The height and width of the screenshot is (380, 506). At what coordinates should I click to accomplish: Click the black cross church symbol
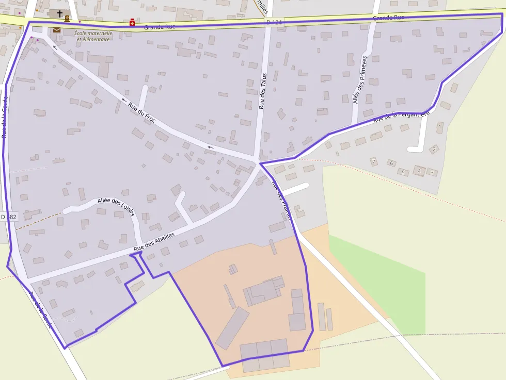tap(60, 13)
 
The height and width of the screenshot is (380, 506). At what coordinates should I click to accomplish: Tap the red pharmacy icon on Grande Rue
tap(132, 23)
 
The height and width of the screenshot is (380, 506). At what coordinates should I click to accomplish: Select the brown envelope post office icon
tap(56, 30)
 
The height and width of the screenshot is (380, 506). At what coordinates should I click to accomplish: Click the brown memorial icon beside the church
tap(67, 19)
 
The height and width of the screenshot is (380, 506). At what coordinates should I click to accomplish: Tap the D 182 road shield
tap(9, 217)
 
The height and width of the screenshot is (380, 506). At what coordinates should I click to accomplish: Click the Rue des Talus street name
tap(262, 91)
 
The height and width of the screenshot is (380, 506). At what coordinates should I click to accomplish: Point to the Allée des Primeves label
tap(360, 80)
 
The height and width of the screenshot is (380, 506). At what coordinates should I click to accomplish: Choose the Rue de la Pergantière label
tap(401, 116)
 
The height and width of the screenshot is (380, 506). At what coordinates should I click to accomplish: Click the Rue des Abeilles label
tap(154, 241)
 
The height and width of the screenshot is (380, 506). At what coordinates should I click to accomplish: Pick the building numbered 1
tap(439, 126)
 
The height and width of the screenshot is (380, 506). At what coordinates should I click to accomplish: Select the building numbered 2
tap(434, 150)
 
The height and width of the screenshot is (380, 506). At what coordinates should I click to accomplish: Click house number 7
tap(373, 161)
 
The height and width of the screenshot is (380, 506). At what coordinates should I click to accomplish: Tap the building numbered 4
tap(419, 171)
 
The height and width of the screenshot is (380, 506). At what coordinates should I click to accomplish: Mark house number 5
tap(403, 172)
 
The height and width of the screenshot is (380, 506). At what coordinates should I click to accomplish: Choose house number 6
tap(391, 163)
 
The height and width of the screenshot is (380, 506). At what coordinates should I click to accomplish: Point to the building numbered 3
tap(431, 172)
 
